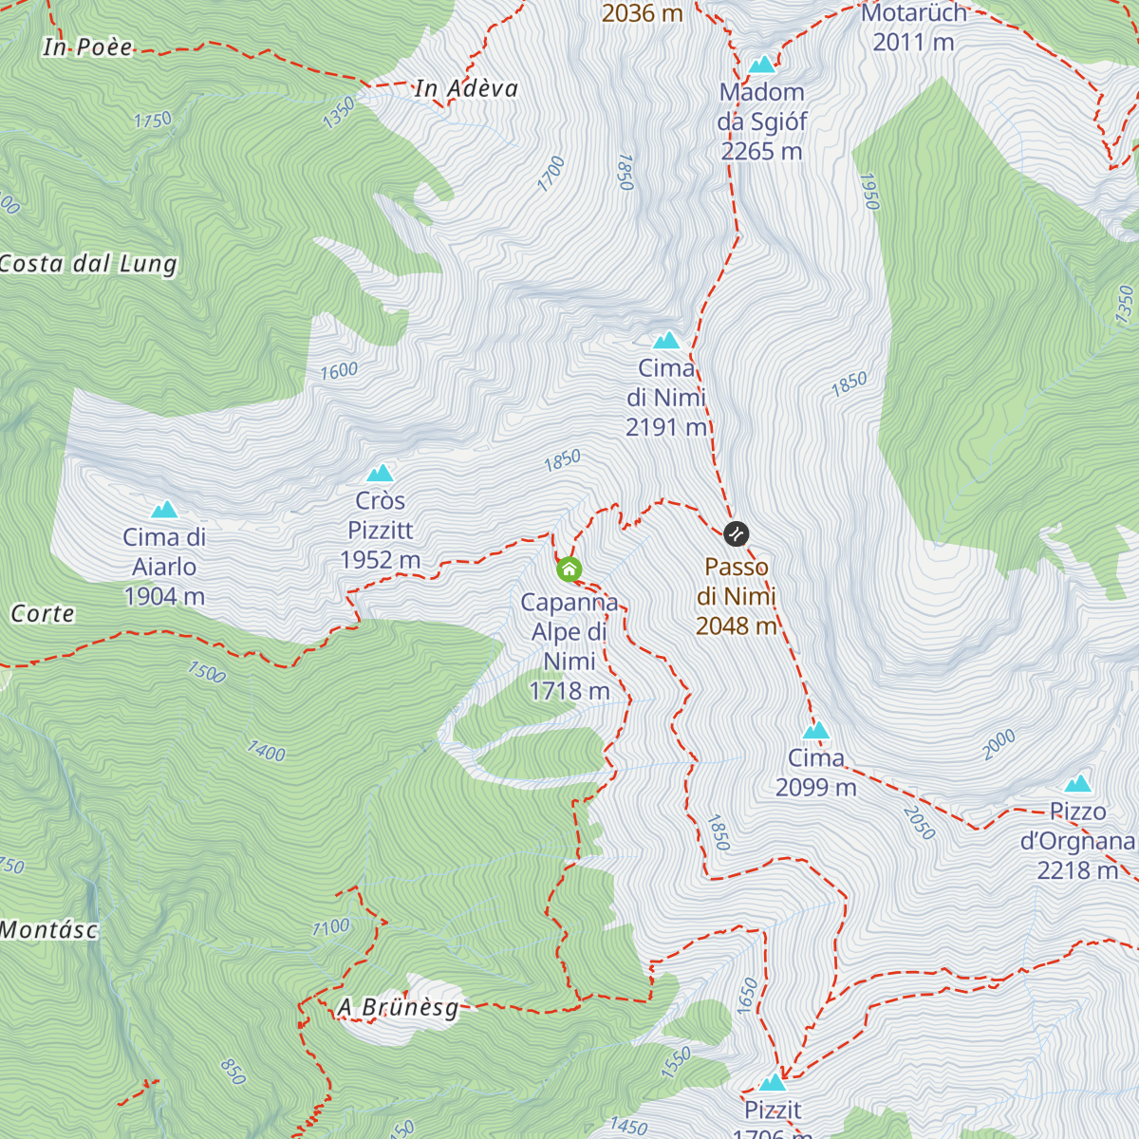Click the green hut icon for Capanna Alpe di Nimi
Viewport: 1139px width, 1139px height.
[569, 569]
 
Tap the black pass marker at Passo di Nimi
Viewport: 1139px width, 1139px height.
[737, 533]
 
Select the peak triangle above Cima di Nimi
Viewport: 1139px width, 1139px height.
[666, 340]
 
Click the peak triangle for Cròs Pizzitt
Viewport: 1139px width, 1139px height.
[381, 473]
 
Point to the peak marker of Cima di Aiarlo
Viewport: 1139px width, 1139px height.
[164, 510]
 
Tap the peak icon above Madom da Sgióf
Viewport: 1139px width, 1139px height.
[762, 65]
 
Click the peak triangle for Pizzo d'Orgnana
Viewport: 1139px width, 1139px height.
[1077, 784]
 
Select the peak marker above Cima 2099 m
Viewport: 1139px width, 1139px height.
[816, 730]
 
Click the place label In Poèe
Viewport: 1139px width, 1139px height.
[87, 47]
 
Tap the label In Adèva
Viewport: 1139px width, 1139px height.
[466, 88]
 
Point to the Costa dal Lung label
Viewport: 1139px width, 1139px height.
[88, 264]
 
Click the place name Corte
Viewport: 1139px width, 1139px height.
[43, 614]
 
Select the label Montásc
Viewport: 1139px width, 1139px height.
[48, 930]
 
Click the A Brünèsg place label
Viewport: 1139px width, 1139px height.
[398, 1007]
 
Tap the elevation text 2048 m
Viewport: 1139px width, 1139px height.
[737, 626]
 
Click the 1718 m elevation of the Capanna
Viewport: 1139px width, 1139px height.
[569, 691]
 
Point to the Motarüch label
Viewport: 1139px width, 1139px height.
[913, 13]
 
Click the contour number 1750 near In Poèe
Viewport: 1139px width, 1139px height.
[153, 120]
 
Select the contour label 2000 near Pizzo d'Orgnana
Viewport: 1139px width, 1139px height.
[999, 744]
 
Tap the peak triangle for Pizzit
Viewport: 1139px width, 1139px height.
[773, 1083]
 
